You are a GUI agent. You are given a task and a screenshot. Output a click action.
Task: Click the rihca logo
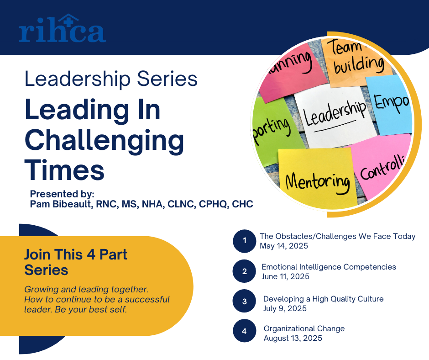pos(63,28)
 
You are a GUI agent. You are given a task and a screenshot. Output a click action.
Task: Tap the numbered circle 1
pos(244,241)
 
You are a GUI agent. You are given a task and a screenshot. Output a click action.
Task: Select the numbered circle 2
pos(244,271)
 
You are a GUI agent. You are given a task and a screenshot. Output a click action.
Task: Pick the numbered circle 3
pos(244,301)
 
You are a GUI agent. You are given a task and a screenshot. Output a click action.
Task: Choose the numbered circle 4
pos(244,331)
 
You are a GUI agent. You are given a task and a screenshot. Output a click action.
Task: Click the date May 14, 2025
pos(284,246)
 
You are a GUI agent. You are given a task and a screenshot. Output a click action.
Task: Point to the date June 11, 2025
pos(285,276)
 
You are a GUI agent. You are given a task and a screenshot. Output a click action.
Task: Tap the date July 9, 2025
pos(285,308)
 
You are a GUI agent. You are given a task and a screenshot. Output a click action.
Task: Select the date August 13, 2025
pos(293,338)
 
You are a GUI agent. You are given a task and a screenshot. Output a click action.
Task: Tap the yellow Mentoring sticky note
pos(317,178)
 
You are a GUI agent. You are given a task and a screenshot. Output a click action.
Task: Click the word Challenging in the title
pos(104,141)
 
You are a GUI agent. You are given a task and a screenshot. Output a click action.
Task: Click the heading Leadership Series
pos(111,79)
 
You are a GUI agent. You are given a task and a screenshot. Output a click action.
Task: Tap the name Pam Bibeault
pos(60,204)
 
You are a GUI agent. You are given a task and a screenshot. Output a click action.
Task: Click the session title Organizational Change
pos(304,328)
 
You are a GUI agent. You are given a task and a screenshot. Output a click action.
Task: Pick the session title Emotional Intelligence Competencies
pos(329,267)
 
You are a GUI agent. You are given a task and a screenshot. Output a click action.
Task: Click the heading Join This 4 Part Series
pos(76,262)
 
